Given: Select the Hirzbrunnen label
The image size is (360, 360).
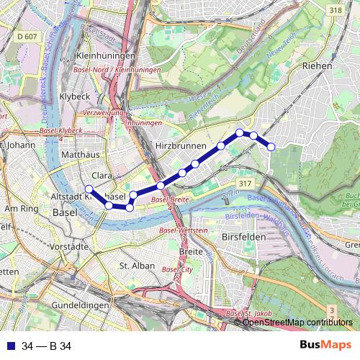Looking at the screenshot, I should [178, 145].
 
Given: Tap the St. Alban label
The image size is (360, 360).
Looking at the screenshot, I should [133, 266].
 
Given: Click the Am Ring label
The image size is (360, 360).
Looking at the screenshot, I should [21, 209].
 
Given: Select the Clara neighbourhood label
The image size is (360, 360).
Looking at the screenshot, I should [102, 174].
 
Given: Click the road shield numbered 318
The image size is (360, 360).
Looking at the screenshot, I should [334, 10].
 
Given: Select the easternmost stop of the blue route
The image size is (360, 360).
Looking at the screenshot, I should [271, 147].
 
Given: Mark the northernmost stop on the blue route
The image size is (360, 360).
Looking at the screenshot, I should [240, 132].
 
